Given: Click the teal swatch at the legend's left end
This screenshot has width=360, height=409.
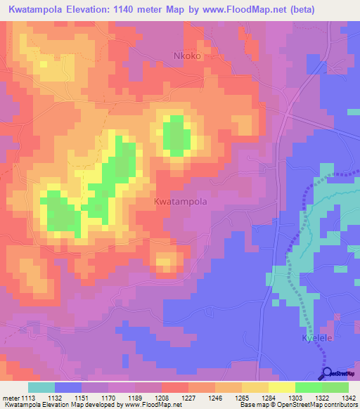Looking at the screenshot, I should pos(41,387).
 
